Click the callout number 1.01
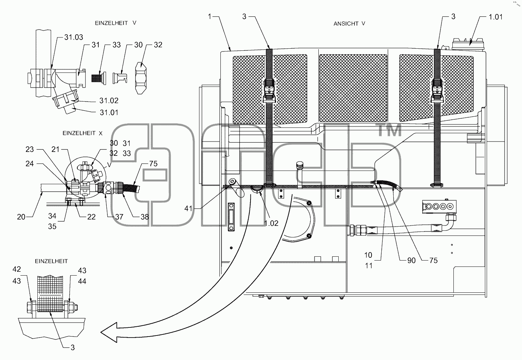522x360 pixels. click(496, 17)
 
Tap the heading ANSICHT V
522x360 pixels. click(349, 23)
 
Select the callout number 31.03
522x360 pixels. click(73, 37)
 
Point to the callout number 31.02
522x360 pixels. click(109, 101)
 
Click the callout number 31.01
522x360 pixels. click(109, 112)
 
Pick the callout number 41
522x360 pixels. click(188, 208)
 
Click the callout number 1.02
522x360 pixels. click(271, 223)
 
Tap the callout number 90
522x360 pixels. click(411, 261)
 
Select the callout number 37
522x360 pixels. click(119, 217)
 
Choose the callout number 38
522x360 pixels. click(145, 217)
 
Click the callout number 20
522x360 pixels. click(21, 217)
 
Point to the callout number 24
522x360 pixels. click(30, 164)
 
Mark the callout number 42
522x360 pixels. click(17, 269)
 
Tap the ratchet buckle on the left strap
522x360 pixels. click(269, 91)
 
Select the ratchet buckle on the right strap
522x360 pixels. click(437, 91)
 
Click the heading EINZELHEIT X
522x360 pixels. click(83, 133)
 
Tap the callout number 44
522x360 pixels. click(82, 281)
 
